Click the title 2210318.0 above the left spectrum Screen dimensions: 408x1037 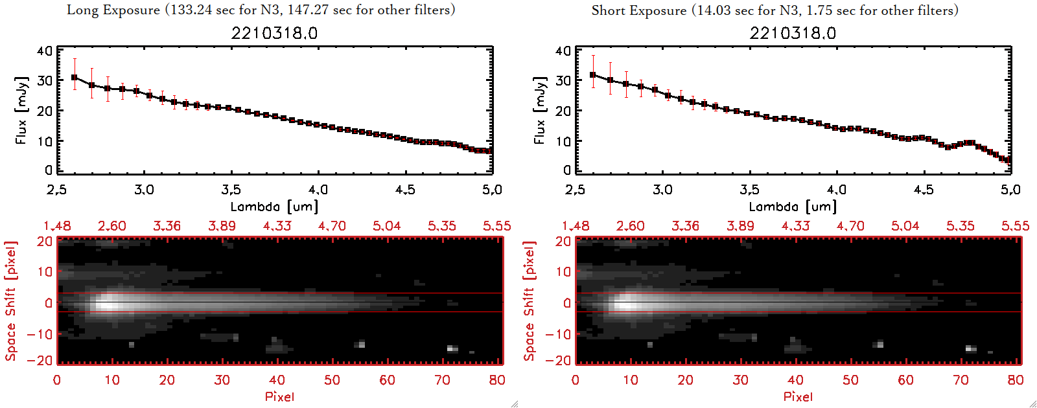click(274, 33)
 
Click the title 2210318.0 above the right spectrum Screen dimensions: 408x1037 click(793, 33)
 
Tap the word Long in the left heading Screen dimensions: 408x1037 click(82, 10)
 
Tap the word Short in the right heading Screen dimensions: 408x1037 click(609, 10)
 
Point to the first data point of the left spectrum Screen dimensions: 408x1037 click(75, 78)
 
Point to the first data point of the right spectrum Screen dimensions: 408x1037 click(593, 75)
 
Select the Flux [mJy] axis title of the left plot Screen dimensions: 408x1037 click(21, 111)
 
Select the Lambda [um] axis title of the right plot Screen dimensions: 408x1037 click(793, 207)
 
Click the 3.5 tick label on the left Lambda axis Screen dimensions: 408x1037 click(231, 190)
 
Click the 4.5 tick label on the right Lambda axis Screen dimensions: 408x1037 click(924, 190)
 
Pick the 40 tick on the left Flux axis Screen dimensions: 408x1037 click(45, 51)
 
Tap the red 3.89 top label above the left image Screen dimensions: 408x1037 click(222, 226)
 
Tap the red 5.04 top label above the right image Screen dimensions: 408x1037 click(905, 226)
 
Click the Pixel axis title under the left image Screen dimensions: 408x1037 click(279, 396)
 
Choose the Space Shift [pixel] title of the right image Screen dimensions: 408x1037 click(529, 300)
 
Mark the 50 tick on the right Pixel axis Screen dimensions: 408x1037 click(850, 380)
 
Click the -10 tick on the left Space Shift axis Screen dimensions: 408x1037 click(40, 334)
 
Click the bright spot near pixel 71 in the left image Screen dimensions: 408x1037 click(452, 348)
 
